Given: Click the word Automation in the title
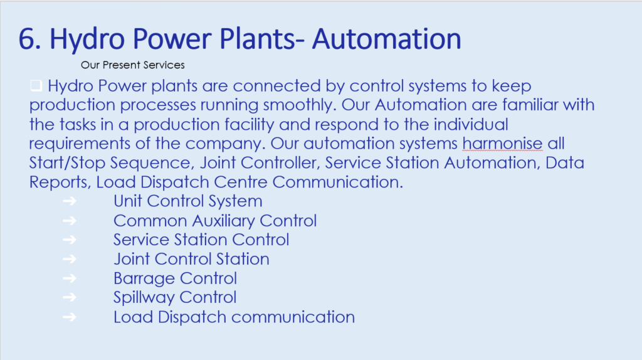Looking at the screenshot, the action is (386, 39).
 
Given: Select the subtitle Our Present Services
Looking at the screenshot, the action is (133, 65).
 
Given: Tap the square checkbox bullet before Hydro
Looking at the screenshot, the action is (36, 85).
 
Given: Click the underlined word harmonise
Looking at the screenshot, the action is (502, 144).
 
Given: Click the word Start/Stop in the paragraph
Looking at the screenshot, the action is (67, 163).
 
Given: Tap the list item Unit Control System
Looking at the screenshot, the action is (188, 201).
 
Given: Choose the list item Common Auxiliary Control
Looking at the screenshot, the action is (215, 221).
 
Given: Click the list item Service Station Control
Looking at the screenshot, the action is (201, 240).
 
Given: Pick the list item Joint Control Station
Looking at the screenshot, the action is (191, 259).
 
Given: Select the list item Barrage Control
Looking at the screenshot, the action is (176, 278).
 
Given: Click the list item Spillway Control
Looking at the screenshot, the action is (175, 297).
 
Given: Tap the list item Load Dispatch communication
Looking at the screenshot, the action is (234, 317).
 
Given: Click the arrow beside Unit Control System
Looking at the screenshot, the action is (70, 201).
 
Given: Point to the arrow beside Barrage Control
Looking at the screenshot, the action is (70, 278).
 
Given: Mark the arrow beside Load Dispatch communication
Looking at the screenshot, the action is (70, 317).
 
